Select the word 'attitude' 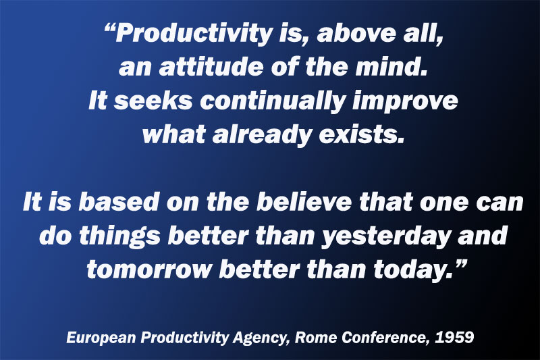click(x=211, y=67)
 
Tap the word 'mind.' click(x=391, y=67)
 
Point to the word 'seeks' click(x=153, y=101)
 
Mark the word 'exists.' click(x=362, y=134)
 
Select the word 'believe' click(x=304, y=201)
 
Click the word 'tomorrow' click(x=148, y=269)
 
